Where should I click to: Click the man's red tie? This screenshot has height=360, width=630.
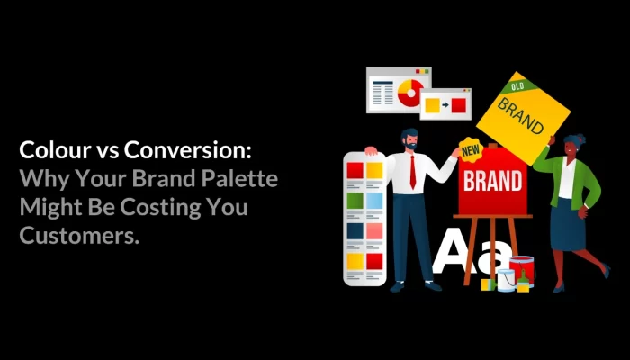click(412, 170)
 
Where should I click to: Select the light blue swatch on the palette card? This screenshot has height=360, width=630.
click(374, 200)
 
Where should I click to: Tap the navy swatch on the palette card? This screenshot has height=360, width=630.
click(355, 230)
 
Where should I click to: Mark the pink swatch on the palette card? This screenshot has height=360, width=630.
click(374, 230)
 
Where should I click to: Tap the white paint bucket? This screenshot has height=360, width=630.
click(506, 279)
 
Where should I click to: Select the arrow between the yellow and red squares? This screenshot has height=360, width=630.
click(445, 105)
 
